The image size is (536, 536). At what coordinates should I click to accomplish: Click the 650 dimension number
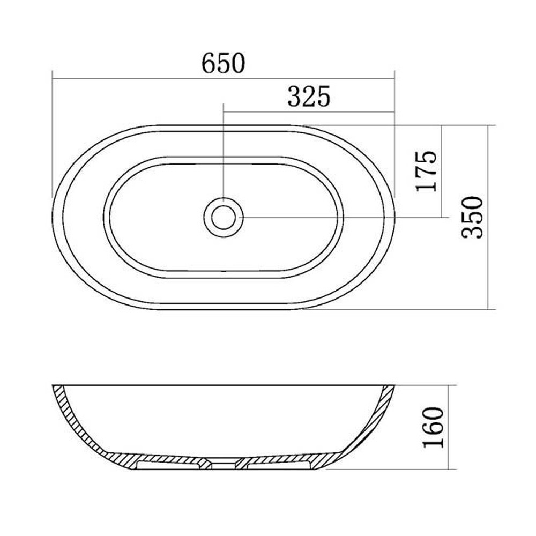point(223,63)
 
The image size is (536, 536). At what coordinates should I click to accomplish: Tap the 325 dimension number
point(309,96)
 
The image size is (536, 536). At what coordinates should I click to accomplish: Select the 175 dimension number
point(426,171)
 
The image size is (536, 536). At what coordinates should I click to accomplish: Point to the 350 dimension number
point(472,217)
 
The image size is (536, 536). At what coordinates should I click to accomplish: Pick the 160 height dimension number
point(433,427)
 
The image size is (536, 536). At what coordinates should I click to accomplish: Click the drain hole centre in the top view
point(223,217)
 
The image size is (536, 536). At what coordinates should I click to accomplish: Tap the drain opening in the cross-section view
point(223,465)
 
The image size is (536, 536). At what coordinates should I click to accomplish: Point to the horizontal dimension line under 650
point(223,79)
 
